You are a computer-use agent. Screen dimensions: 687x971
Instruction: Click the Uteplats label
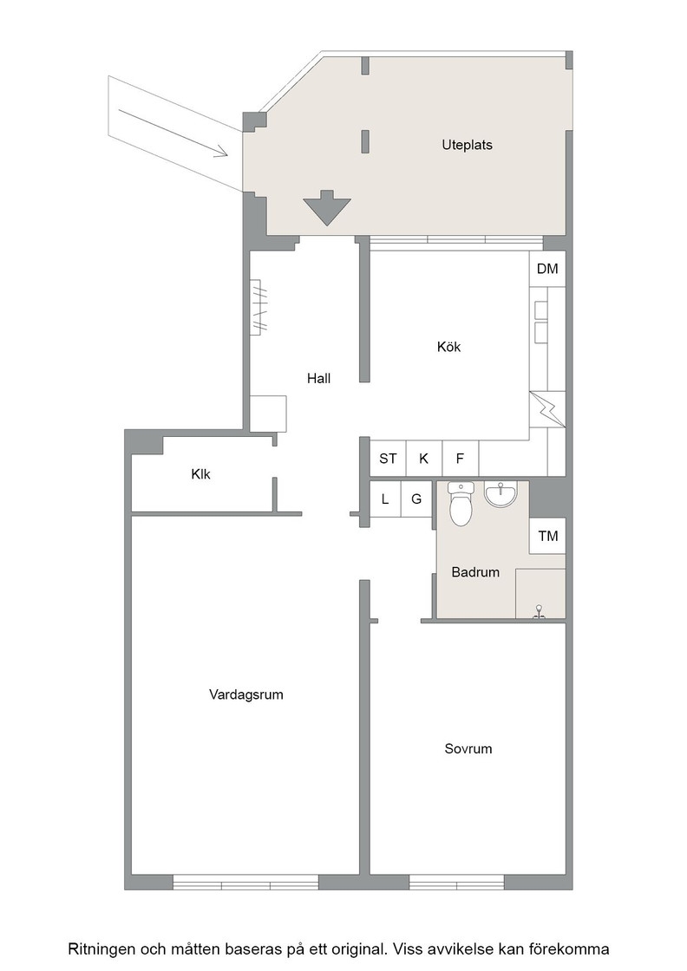(467, 145)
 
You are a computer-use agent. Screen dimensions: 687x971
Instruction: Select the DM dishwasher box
(547, 269)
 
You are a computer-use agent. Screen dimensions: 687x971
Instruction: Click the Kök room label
(448, 347)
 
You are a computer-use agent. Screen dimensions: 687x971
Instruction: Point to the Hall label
(319, 378)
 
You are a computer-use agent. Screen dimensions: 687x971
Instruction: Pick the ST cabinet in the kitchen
(388, 459)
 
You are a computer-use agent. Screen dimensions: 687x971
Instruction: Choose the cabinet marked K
(424, 459)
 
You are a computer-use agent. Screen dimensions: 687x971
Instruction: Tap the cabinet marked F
(461, 459)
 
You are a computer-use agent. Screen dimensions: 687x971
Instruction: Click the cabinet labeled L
(385, 499)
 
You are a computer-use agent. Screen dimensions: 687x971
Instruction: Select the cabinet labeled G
(417, 499)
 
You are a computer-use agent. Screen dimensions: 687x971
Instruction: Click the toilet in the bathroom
(461, 504)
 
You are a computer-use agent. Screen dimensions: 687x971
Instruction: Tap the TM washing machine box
(547, 536)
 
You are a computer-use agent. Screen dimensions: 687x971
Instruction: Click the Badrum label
(475, 572)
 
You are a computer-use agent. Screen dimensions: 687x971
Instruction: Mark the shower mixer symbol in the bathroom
(540, 611)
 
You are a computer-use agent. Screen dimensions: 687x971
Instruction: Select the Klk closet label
(200, 474)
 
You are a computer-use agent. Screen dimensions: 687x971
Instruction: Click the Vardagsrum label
(246, 694)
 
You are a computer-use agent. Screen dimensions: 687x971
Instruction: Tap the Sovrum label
(468, 749)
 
